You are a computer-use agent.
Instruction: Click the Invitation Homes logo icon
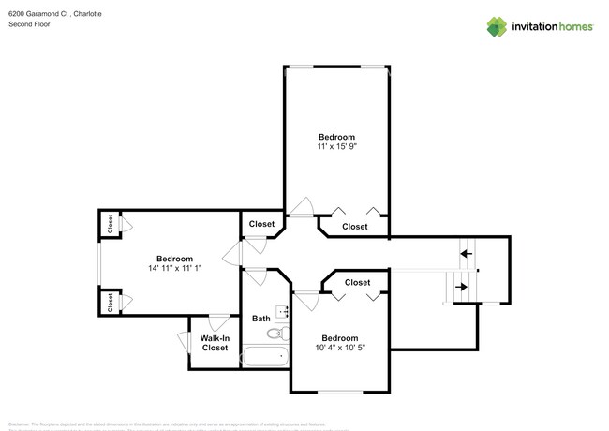point(498,27)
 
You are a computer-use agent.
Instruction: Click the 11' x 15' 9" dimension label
point(336,146)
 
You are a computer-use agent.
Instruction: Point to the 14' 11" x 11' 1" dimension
point(174,268)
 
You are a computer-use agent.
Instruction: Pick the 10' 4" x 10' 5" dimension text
point(339,348)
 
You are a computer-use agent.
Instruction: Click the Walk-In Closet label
point(215,342)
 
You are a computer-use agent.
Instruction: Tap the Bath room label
point(261,319)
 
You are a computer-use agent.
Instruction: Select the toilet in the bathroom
point(275,333)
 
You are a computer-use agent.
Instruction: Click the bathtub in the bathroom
point(264,356)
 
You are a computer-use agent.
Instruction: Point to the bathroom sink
point(280,313)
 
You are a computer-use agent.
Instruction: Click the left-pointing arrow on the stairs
point(465,253)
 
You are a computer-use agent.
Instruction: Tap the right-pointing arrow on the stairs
point(461,287)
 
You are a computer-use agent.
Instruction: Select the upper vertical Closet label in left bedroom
point(110,224)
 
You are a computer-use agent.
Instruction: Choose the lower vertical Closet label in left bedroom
point(110,302)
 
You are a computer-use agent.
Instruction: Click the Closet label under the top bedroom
point(355,227)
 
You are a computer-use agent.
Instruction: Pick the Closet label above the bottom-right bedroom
point(357,282)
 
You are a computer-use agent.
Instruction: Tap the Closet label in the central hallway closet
point(261,224)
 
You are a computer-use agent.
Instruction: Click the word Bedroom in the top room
point(336,137)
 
